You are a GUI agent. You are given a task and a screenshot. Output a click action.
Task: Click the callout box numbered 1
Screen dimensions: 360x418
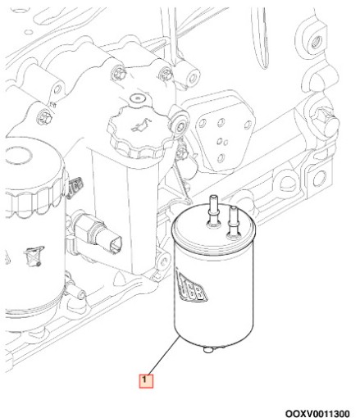146,381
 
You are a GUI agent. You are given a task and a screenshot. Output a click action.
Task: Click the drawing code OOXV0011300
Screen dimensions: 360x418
317,413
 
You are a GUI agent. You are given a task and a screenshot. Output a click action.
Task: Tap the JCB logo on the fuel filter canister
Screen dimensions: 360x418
192,288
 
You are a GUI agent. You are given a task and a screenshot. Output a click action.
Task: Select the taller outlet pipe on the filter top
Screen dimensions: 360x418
212,211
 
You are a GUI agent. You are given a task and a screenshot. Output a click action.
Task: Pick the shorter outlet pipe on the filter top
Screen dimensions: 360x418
233,220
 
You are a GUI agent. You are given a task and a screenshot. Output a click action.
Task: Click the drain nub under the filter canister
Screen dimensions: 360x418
208,349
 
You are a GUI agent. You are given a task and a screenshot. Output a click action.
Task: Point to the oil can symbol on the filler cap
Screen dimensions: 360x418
140,125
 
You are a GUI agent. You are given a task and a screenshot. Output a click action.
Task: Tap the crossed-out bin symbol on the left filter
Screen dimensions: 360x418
33,256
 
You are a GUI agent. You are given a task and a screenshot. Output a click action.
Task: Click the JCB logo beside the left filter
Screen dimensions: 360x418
75,186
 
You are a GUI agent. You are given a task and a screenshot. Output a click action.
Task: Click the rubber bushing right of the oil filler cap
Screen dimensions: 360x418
179,124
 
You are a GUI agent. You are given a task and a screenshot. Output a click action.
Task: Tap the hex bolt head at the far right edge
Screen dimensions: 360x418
329,120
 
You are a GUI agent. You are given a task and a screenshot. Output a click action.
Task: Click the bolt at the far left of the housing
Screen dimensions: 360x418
43,116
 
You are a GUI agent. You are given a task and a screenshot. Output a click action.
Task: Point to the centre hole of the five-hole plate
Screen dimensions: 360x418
220,141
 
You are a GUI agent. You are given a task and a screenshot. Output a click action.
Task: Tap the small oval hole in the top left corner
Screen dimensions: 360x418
29,32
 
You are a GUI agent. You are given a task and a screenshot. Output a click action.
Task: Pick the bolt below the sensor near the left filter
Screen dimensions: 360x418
79,293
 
